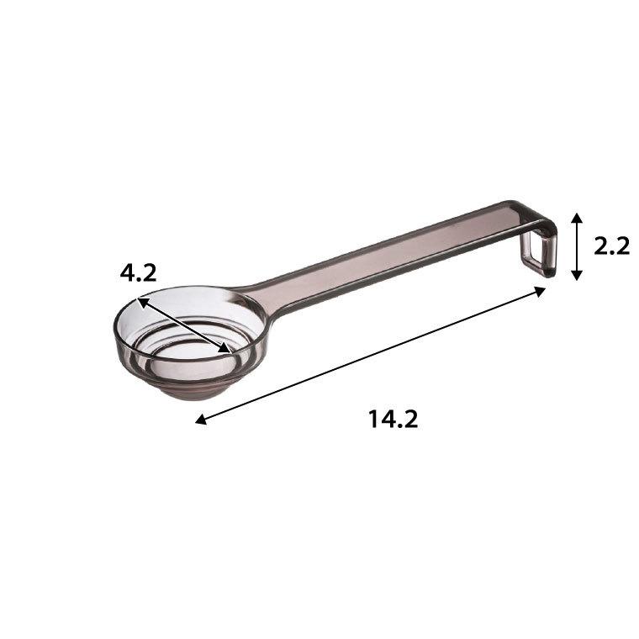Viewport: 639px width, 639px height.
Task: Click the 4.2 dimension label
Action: click(x=138, y=273)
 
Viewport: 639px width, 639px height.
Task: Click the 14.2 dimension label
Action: click(x=393, y=419)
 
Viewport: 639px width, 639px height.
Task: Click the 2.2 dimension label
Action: click(x=611, y=246)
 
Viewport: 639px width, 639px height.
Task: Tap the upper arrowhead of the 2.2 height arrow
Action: click(x=576, y=217)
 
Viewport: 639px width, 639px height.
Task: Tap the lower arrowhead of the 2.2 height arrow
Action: click(x=576, y=276)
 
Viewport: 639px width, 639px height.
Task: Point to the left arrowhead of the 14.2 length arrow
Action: click(x=200, y=420)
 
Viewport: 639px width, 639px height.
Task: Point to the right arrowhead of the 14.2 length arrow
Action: click(x=541, y=292)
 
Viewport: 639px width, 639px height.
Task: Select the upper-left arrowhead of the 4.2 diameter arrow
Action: click(x=142, y=303)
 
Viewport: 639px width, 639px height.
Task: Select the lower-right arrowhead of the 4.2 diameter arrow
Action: click(x=225, y=348)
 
